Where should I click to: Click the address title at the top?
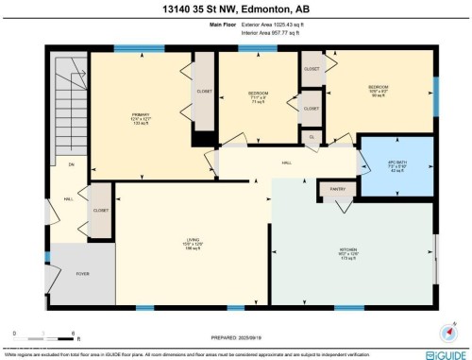236,9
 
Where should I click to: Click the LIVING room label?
193,240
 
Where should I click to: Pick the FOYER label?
82,274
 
